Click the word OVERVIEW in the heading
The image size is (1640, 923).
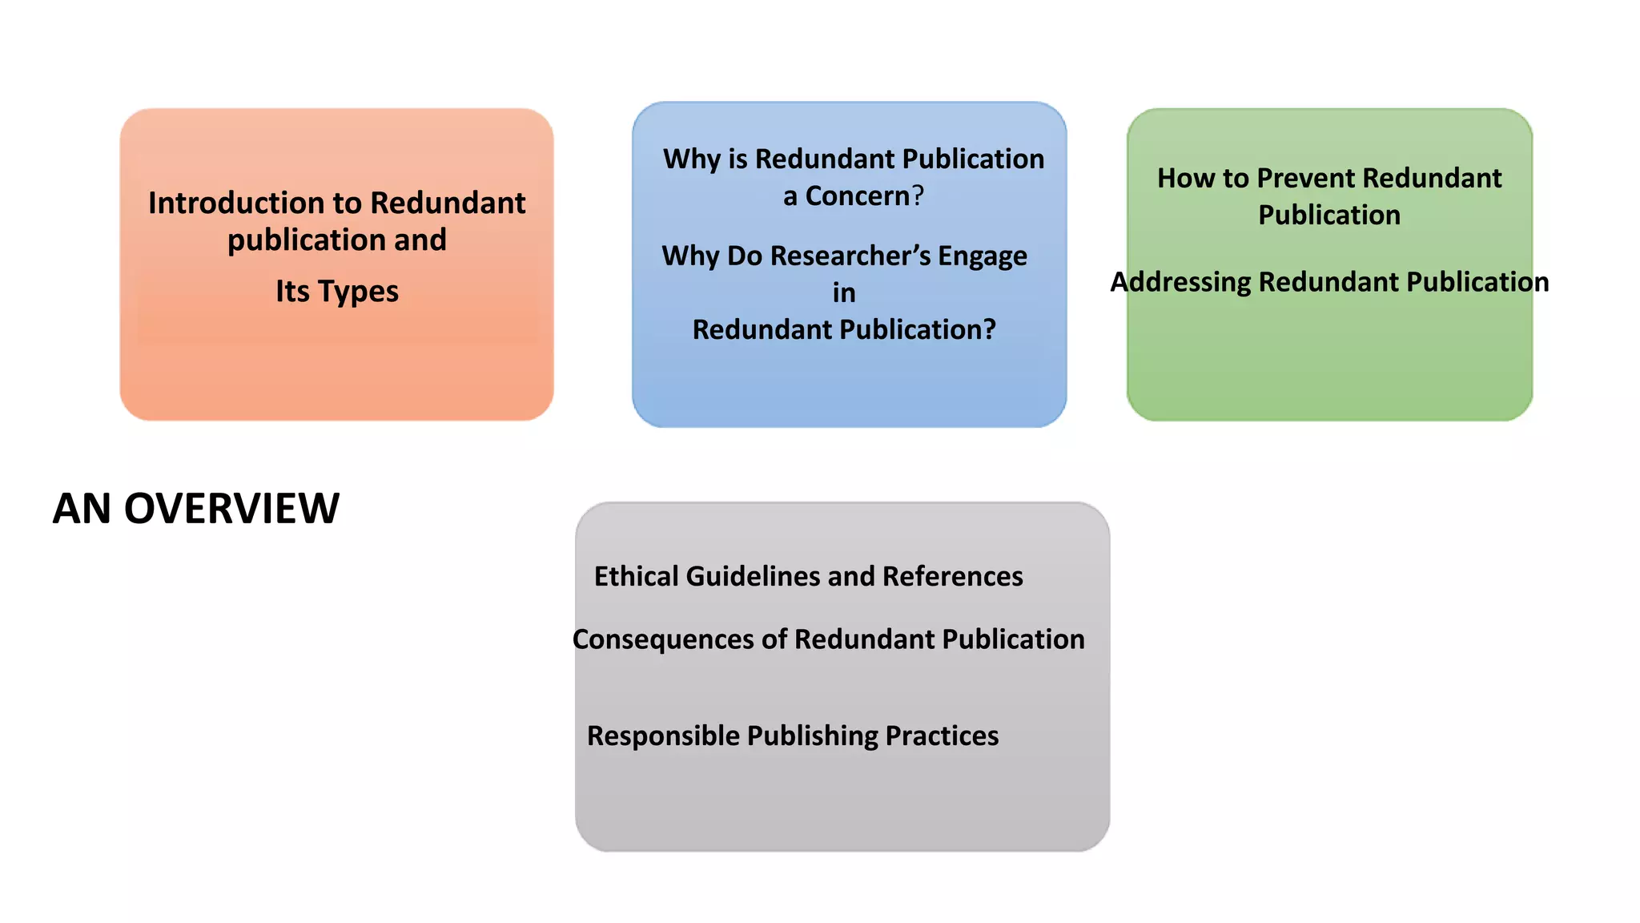[x=231, y=509]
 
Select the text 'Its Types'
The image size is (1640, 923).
[x=337, y=292]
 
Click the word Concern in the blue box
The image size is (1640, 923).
[x=857, y=196]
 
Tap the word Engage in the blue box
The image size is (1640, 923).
[x=983, y=256]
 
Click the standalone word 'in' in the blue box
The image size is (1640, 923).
[x=844, y=293]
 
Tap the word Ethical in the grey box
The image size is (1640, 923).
[x=637, y=577]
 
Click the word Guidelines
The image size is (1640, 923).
[x=753, y=577]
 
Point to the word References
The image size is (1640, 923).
[x=952, y=577]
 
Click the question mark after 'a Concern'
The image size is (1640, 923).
[x=918, y=196]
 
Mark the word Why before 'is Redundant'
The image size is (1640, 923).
[x=692, y=159]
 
